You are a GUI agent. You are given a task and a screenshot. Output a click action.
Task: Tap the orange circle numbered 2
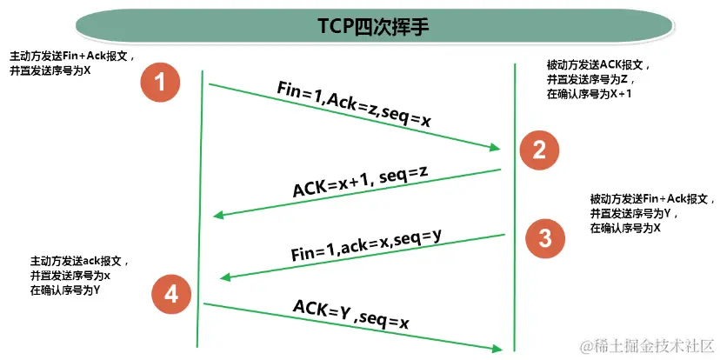point(539,150)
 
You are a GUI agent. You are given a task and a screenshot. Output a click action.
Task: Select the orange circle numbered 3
point(544,237)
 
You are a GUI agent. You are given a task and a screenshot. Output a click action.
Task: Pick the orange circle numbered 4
point(170,295)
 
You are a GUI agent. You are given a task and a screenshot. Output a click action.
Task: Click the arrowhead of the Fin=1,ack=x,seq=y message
point(223,277)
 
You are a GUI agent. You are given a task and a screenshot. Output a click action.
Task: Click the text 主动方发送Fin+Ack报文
point(69,54)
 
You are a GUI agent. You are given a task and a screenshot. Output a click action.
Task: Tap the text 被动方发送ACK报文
point(597,64)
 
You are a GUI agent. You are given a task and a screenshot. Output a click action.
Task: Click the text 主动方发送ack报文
point(79,261)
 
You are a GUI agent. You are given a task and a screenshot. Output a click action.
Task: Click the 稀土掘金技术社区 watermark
point(646,346)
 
